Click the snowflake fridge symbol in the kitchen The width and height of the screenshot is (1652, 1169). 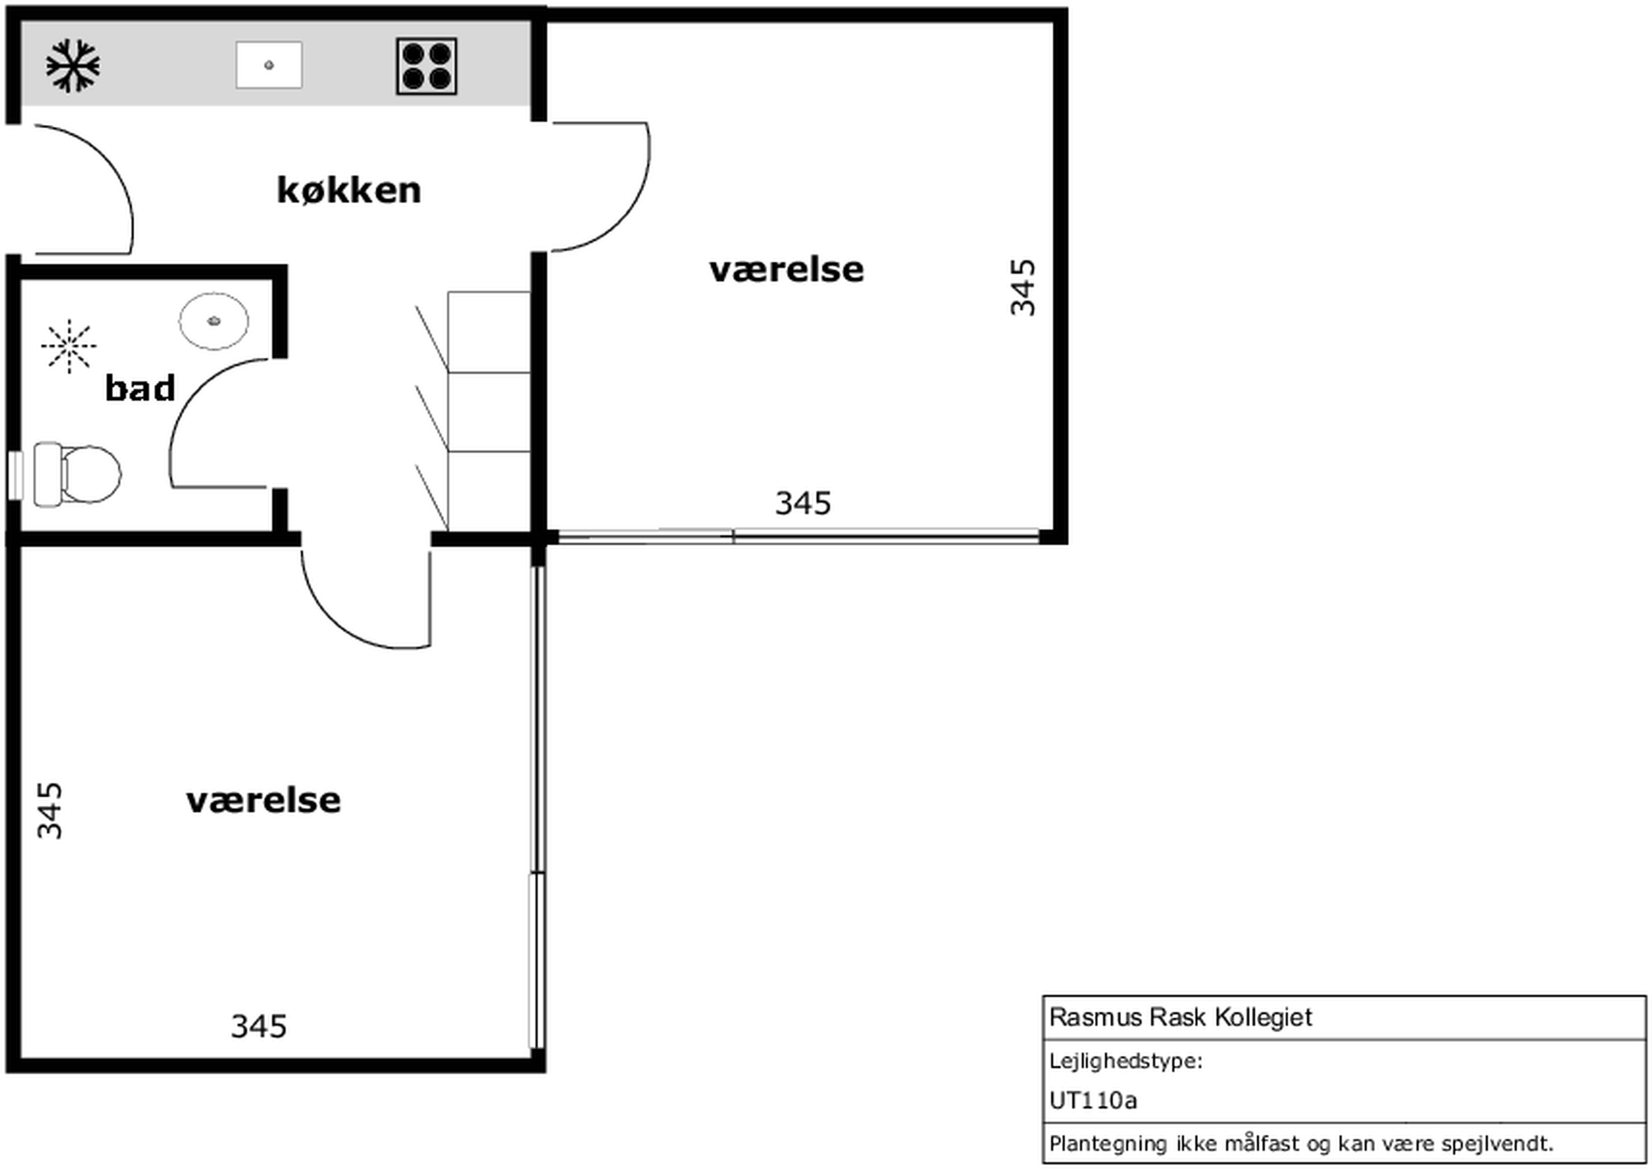click(x=72, y=66)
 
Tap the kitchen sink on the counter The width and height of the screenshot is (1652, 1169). click(x=269, y=65)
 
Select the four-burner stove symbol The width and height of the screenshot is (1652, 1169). click(x=426, y=66)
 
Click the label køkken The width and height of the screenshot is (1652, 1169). click(x=349, y=190)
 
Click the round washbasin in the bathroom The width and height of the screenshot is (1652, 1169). click(x=214, y=321)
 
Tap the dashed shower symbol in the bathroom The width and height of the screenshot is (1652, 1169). click(x=69, y=346)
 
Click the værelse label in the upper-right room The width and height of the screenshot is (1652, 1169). click(x=787, y=270)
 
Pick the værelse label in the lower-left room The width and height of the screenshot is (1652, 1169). click(x=264, y=801)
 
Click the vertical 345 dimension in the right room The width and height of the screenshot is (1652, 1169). click(x=1022, y=287)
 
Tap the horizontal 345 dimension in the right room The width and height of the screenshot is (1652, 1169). click(x=803, y=503)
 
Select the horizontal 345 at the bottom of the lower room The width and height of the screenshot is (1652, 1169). click(x=259, y=1027)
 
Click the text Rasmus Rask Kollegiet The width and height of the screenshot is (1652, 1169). click(x=1181, y=1017)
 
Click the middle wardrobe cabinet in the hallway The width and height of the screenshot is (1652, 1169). click(x=490, y=411)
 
